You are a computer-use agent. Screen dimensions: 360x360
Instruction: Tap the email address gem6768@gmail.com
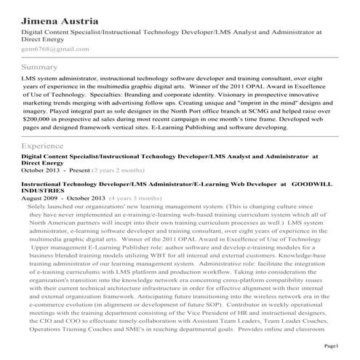click(55, 49)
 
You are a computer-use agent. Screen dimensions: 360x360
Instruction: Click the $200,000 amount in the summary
click(39, 116)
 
